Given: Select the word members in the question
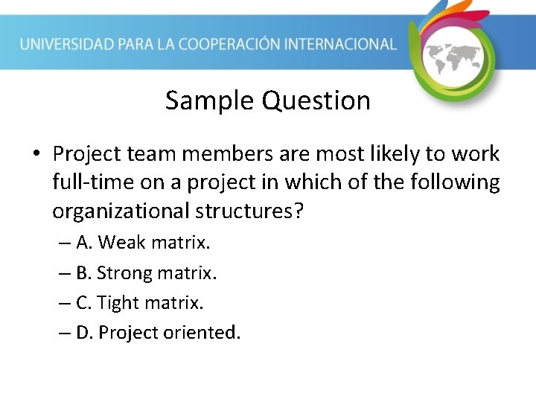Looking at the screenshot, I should pos(216,154).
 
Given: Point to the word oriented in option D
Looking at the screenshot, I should pos(205,332).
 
